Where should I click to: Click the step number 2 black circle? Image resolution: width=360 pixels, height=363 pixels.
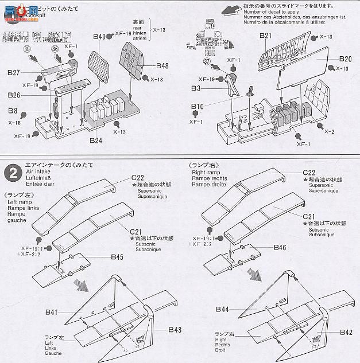coord(11,171)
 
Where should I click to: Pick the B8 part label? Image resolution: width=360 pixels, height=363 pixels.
coord(13,110)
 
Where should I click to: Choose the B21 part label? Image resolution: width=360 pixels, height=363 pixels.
coord(265,37)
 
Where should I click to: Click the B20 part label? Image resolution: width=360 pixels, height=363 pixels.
coord(345,59)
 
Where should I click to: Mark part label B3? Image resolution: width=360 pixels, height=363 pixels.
coord(196,89)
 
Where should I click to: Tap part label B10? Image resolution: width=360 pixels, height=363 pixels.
coord(198,106)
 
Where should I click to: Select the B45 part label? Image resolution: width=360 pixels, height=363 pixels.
coord(117,257)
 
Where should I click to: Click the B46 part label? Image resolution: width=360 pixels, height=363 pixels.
coord(280,248)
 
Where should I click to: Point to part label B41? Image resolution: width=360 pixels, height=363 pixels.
coord(52,312)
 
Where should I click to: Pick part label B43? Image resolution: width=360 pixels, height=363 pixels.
coord(175,330)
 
